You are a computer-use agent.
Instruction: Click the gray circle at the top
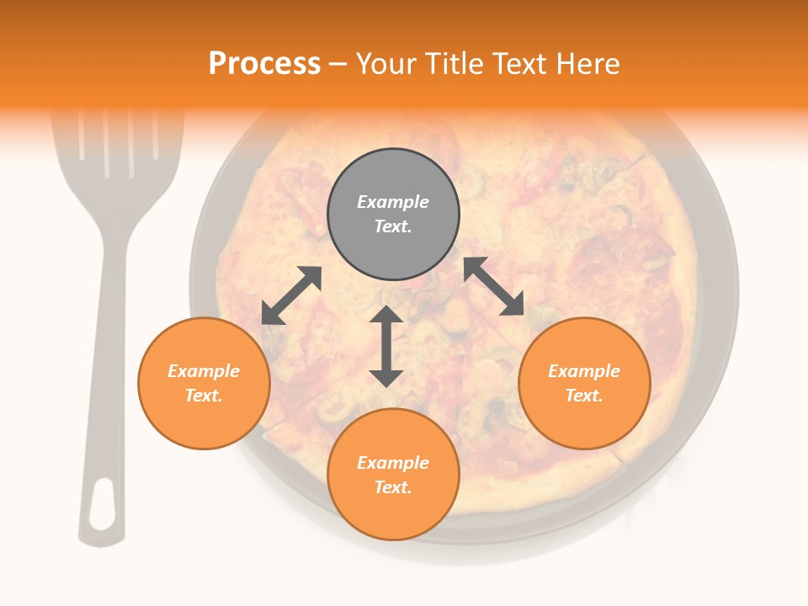(393, 215)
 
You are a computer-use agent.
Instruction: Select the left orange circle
(204, 383)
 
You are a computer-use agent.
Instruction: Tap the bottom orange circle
(393, 474)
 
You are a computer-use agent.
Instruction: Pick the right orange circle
(584, 383)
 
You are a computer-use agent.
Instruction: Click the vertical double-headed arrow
(386, 346)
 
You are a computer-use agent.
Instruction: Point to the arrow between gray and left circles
(292, 295)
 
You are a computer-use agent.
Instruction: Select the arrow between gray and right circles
(494, 286)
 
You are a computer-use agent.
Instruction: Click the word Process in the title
(264, 63)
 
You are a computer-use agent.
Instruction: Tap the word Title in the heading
(458, 63)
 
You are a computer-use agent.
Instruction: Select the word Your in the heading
(387, 63)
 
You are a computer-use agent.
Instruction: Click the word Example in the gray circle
(393, 202)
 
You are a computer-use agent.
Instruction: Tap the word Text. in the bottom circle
(393, 487)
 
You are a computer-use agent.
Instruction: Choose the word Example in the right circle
(584, 371)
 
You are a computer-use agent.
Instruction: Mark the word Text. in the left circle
(204, 396)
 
